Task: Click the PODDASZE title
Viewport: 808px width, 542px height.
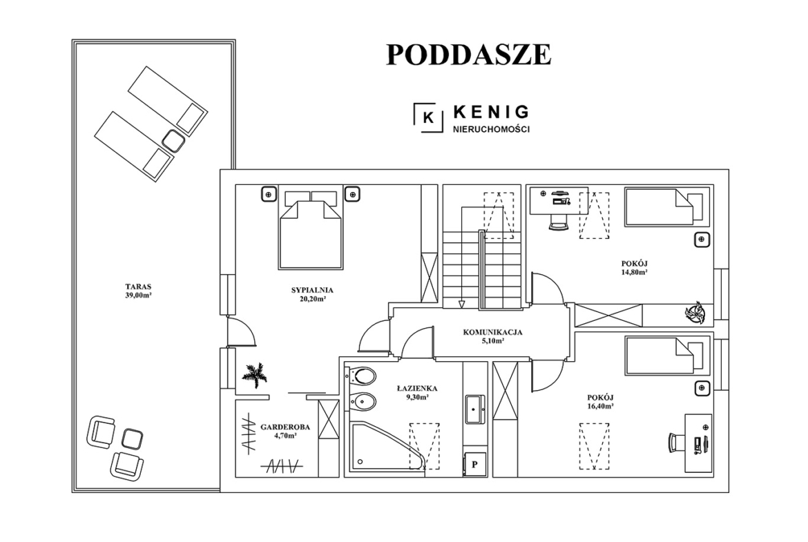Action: tap(469, 55)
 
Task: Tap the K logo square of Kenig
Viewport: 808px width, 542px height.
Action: tap(428, 118)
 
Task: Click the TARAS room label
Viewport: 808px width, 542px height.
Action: tap(138, 287)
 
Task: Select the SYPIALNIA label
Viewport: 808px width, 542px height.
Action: tap(312, 290)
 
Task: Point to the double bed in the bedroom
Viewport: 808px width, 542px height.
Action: tap(311, 229)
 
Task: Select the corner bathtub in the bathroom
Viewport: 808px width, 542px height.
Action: tap(387, 446)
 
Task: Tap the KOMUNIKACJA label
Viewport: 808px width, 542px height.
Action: tap(492, 332)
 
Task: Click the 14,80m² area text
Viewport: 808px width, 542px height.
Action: tap(635, 273)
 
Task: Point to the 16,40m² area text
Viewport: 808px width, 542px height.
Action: tap(600, 406)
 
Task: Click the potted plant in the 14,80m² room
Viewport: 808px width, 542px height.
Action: tap(696, 313)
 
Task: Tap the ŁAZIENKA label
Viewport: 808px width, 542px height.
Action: tap(417, 389)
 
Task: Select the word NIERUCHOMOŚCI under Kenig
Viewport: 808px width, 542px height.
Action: tap(491, 129)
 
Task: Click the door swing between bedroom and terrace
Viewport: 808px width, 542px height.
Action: tap(242, 331)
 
